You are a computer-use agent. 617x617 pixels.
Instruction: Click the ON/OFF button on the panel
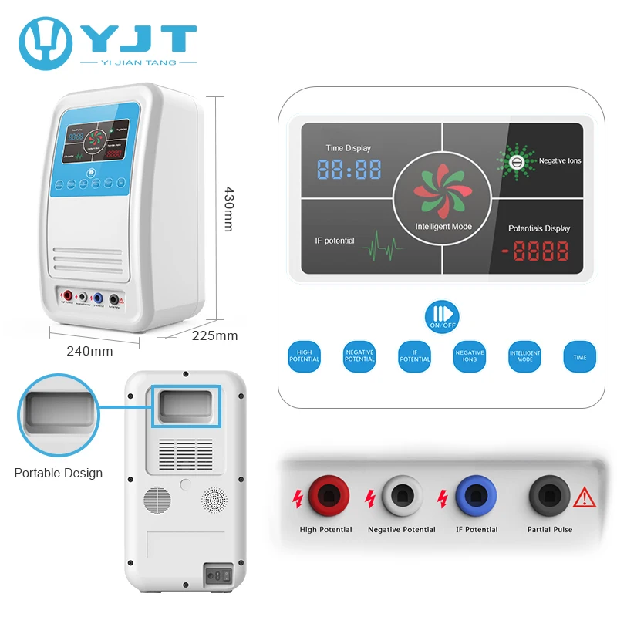pyautogui.click(x=442, y=316)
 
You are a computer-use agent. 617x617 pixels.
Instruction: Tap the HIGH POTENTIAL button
pyautogui.click(x=304, y=356)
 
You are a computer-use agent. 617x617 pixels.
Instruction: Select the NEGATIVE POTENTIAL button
pyautogui.click(x=359, y=356)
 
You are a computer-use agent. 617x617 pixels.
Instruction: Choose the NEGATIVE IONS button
pyautogui.click(x=470, y=356)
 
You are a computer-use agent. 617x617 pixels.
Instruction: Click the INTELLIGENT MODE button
pyautogui.click(x=524, y=356)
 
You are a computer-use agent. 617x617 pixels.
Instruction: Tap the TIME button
pyautogui.click(x=579, y=356)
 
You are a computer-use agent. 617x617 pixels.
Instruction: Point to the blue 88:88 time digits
pyautogui.click(x=349, y=170)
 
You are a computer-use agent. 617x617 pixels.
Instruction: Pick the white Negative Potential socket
pyautogui.click(x=401, y=495)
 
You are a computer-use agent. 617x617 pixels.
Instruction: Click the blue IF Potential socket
pyautogui.click(x=476, y=495)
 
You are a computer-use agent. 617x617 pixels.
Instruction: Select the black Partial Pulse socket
pyautogui.click(x=549, y=495)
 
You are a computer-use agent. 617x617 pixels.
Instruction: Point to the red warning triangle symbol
pyautogui.click(x=585, y=497)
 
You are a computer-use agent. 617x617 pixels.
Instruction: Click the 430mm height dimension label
pyautogui.click(x=228, y=209)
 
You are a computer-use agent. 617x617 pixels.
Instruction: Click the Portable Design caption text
pyautogui.click(x=58, y=473)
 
